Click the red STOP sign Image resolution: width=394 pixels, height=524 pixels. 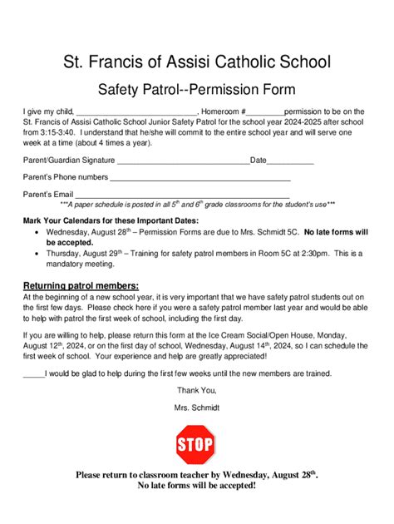(196, 444)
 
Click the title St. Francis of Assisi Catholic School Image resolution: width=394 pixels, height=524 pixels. (196, 62)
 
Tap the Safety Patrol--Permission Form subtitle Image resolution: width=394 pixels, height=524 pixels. (196, 87)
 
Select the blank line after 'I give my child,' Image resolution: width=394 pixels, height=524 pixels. (136, 111)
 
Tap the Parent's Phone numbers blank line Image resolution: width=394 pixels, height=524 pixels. (200, 177)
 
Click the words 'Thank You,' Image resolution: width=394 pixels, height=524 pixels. (197, 389)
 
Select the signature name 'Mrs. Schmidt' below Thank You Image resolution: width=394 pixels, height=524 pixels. (197, 408)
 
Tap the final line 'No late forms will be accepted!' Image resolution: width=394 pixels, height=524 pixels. (196, 485)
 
